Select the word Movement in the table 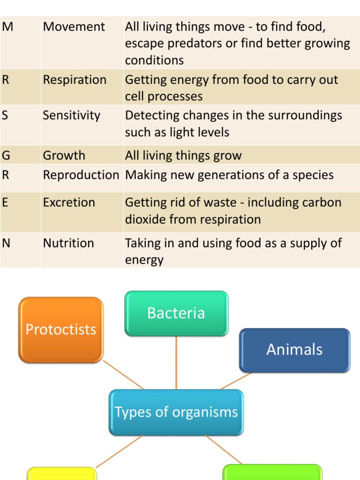point(74,27)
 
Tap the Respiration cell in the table point(75,80)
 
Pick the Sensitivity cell point(71,116)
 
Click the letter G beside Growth point(6,156)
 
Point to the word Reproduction point(81,175)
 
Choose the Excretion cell point(69,203)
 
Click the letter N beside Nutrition point(6,243)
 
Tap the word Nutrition point(68,243)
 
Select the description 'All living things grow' point(183,156)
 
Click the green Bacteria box point(176,313)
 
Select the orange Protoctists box point(61,330)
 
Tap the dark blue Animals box point(294,350)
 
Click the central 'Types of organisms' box point(176,412)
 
